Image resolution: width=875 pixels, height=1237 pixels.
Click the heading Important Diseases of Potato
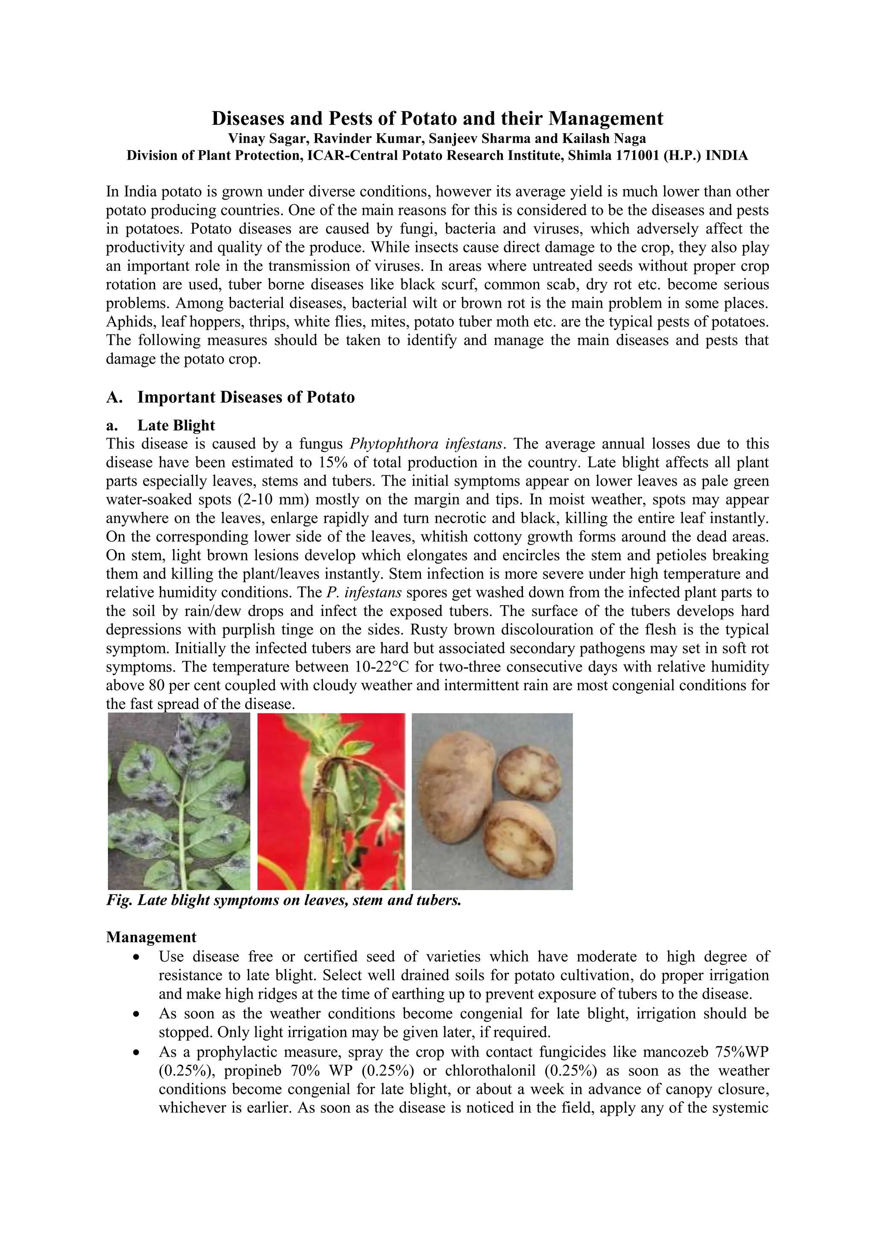246,397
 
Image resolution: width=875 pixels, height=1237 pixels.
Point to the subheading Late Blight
176,425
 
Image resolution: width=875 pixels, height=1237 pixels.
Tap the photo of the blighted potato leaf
179,801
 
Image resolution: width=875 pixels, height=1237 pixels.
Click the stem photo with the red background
331,801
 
